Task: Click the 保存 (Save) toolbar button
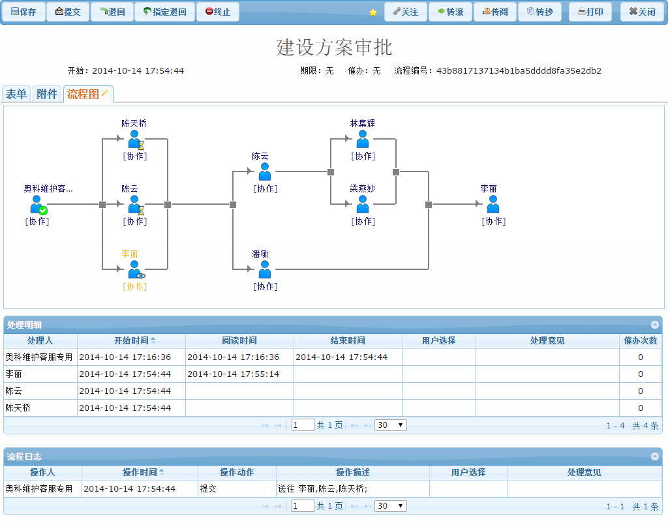pos(23,12)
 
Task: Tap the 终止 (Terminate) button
pos(218,12)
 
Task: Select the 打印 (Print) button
pos(590,12)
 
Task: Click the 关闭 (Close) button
pos(642,12)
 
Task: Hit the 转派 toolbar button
pos(451,12)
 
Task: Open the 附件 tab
pos(47,94)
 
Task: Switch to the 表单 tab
pos(16,94)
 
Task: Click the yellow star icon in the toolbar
pos(373,12)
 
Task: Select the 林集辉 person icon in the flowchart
pos(363,140)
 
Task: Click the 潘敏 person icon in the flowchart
pos(265,269)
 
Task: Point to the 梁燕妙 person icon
pos(363,205)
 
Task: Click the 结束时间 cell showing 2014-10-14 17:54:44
pos(341,357)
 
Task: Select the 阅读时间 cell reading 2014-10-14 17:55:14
pos(233,374)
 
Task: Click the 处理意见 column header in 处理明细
pos(547,340)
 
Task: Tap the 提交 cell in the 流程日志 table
pos(209,488)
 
